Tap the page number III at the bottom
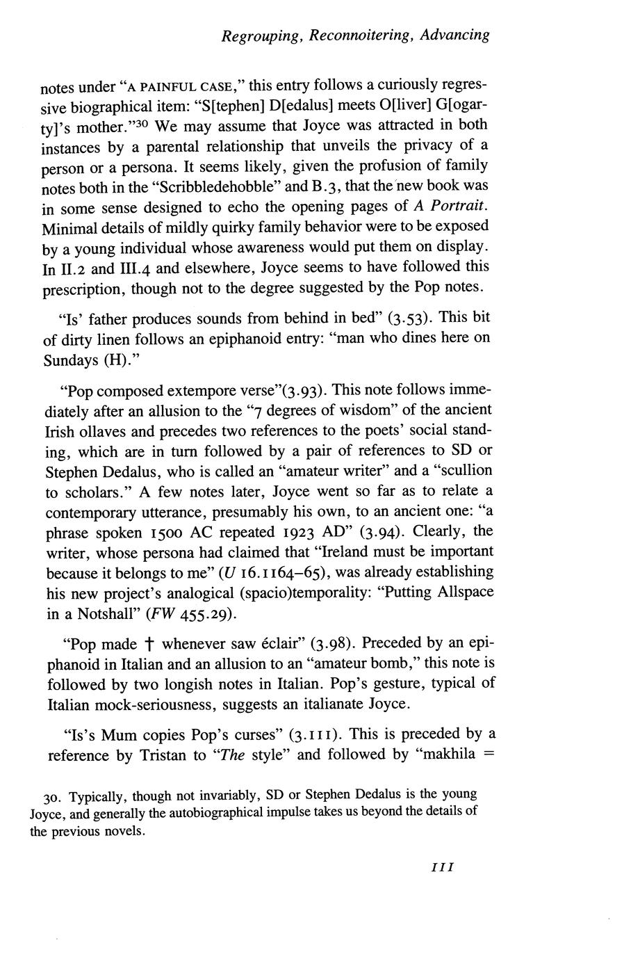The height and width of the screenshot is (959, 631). point(443,867)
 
